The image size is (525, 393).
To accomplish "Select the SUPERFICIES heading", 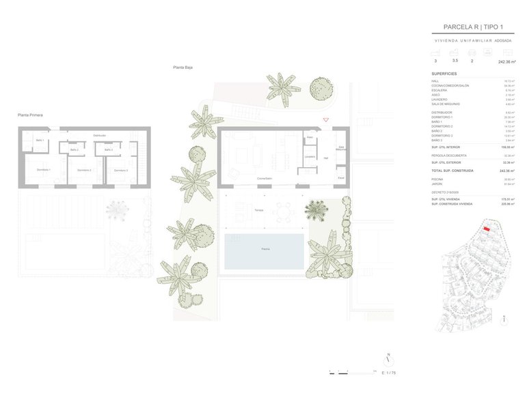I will click(x=444, y=73).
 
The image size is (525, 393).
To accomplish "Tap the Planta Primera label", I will click(x=30, y=115).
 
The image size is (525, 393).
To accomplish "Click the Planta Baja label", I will click(x=182, y=68).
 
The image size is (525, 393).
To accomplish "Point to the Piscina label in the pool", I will click(x=265, y=250).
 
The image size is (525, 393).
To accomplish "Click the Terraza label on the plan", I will click(x=258, y=209).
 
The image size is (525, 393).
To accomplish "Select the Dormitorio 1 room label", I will click(x=44, y=169).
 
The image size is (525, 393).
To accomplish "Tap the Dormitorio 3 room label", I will click(x=120, y=170).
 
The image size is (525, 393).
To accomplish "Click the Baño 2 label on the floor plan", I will click(x=74, y=149).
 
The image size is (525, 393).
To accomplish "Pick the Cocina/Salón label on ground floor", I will click(x=265, y=179).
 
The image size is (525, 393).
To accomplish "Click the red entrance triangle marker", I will click(x=326, y=120).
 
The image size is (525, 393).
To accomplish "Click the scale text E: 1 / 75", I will click(x=390, y=373).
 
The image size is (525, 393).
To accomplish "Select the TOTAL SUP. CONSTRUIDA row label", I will click(x=452, y=171).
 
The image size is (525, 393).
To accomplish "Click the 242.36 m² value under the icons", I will click(x=504, y=61).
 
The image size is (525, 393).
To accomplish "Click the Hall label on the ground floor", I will click(x=326, y=158).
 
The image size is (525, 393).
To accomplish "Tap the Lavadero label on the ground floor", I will click(x=310, y=157).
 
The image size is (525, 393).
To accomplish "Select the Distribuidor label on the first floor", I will click(x=99, y=136).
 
